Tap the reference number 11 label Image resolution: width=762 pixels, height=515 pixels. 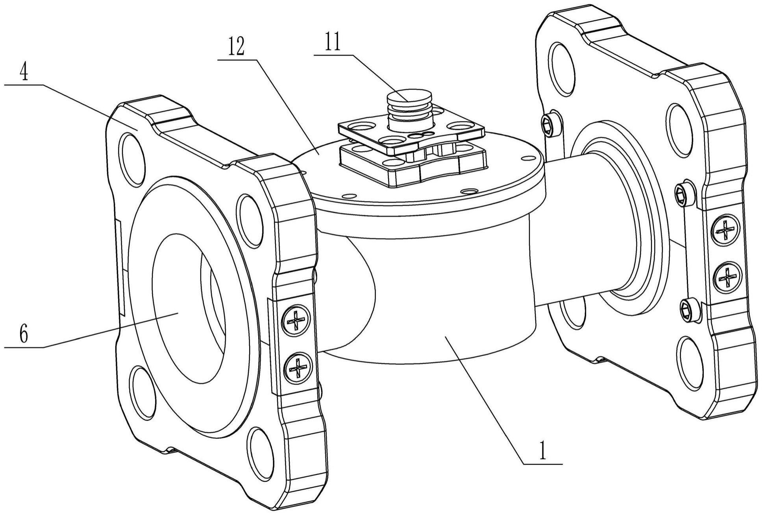coord(333,44)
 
